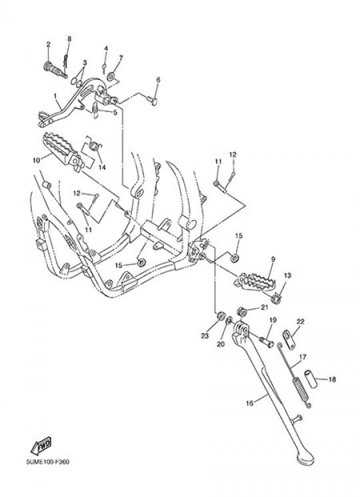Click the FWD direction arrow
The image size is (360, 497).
click(x=41, y=446)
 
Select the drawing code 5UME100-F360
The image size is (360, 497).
click(x=47, y=462)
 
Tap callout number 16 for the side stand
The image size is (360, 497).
click(x=250, y=403)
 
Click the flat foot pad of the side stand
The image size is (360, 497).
click(x=304, y=458)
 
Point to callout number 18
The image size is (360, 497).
click(x=332, y=379)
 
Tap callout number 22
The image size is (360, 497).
click(x=300, y=322)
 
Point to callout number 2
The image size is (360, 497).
click(x=48, y=45)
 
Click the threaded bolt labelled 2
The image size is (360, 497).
click(x=54, y=69)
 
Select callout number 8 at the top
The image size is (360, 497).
click(x=69, y=39)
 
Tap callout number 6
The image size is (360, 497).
click(x=158, y=79)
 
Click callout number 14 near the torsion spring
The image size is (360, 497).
click(x=101, y=167)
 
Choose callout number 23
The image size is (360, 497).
click(x=205, y=336)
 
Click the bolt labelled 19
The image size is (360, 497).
click(x=267, y=342)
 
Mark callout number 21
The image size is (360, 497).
click(x=264, y=307)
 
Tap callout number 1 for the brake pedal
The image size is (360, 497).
click(x=55, y=95)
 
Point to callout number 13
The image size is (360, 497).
click(x=287, y=276)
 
